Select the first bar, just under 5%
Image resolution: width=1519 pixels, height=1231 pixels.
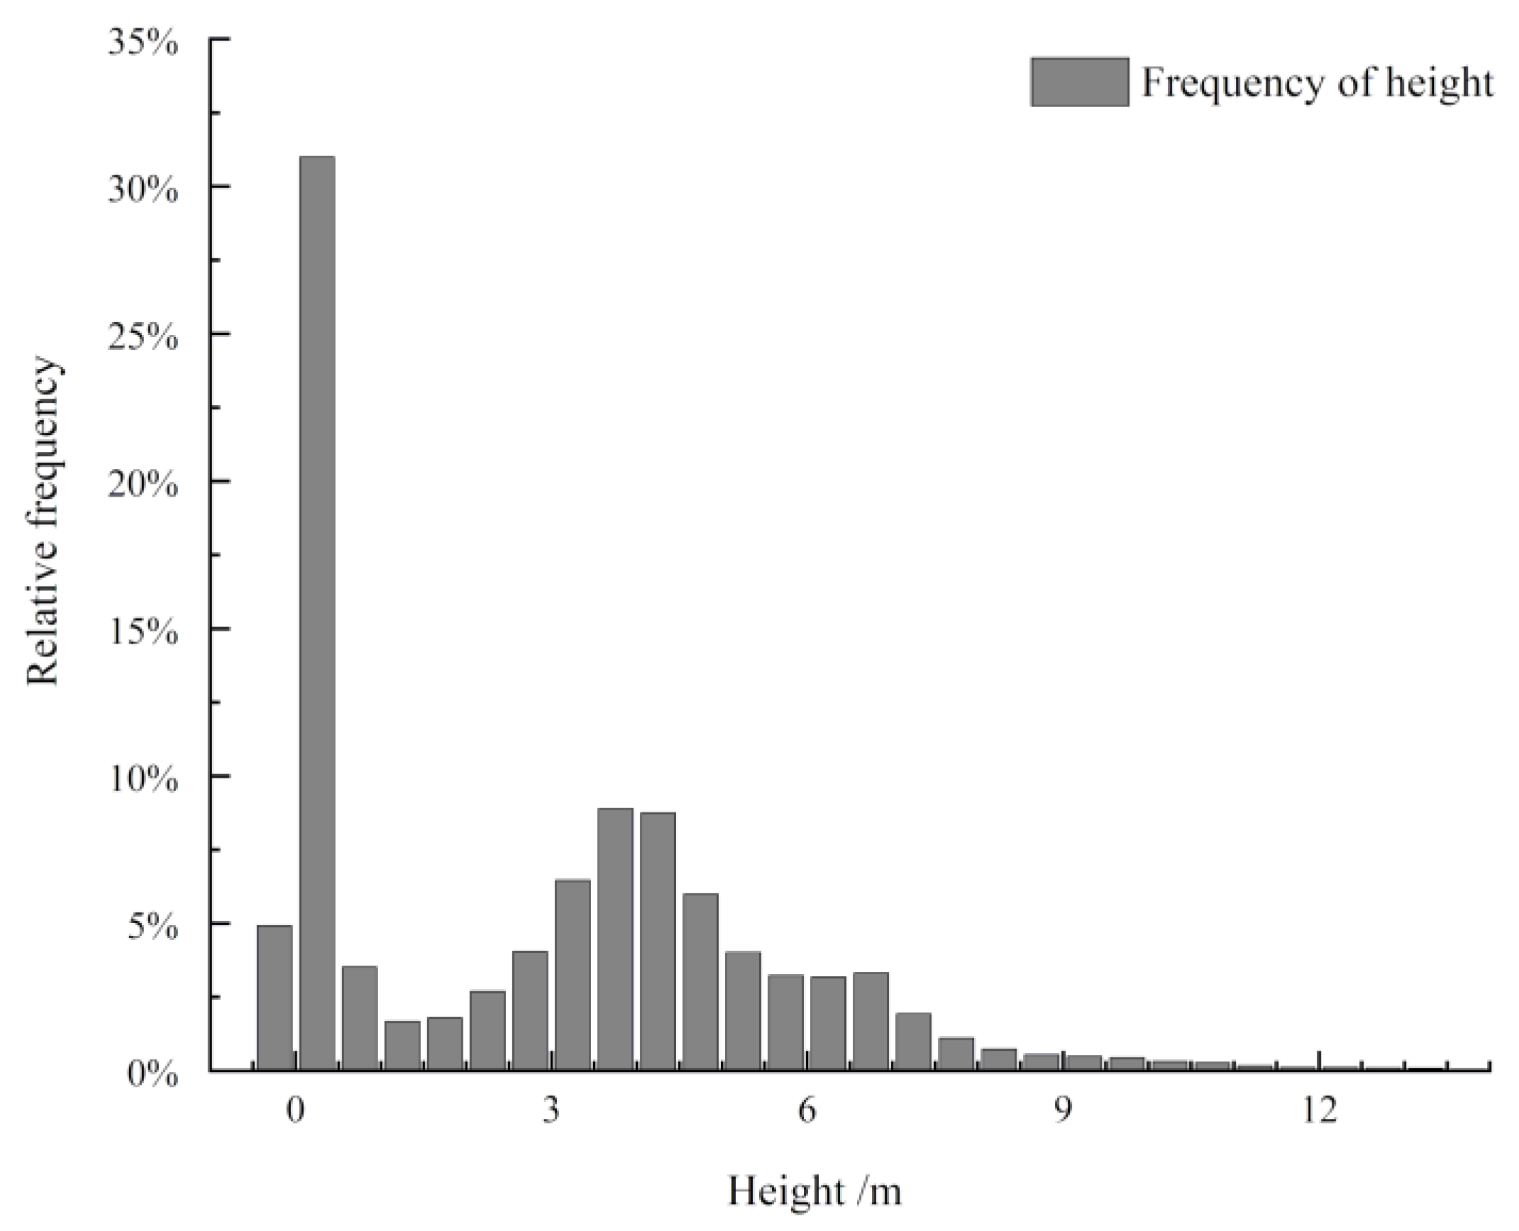275,996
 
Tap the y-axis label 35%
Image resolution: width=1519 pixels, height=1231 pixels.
143,43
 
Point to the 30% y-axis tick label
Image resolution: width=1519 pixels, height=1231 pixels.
143,190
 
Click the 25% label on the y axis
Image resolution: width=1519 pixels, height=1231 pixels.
143,338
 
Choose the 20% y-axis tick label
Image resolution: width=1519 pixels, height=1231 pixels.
143,485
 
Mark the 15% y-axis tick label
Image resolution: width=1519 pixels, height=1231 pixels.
143,633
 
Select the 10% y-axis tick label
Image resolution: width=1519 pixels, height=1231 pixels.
143,780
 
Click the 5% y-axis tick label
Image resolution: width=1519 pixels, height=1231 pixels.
153,927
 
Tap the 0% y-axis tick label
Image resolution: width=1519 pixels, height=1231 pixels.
153,1075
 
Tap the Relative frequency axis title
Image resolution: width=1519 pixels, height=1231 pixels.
44,521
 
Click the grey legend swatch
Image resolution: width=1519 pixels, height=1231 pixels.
1079,82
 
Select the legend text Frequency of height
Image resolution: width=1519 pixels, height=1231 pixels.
1317,82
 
